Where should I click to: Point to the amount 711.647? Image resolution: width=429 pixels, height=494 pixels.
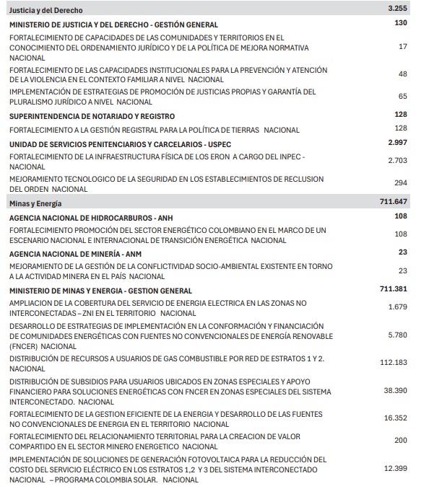394,202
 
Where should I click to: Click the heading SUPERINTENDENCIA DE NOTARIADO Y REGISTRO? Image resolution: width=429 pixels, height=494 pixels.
92,116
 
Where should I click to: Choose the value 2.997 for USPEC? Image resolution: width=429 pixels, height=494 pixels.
397,143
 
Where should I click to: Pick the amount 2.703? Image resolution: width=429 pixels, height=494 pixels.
398,161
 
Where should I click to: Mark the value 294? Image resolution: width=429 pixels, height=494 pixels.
401,183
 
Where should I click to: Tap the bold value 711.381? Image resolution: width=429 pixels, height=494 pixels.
394,289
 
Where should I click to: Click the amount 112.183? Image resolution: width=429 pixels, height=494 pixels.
394,363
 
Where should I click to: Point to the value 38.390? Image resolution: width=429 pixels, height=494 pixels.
396,390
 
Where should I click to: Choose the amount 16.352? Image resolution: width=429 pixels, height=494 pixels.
396,418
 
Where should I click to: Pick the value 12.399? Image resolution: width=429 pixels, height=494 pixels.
396,468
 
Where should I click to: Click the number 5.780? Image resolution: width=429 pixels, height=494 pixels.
398,335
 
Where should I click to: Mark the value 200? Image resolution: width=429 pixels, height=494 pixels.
401,440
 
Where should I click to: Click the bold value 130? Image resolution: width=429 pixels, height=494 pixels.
401,24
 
